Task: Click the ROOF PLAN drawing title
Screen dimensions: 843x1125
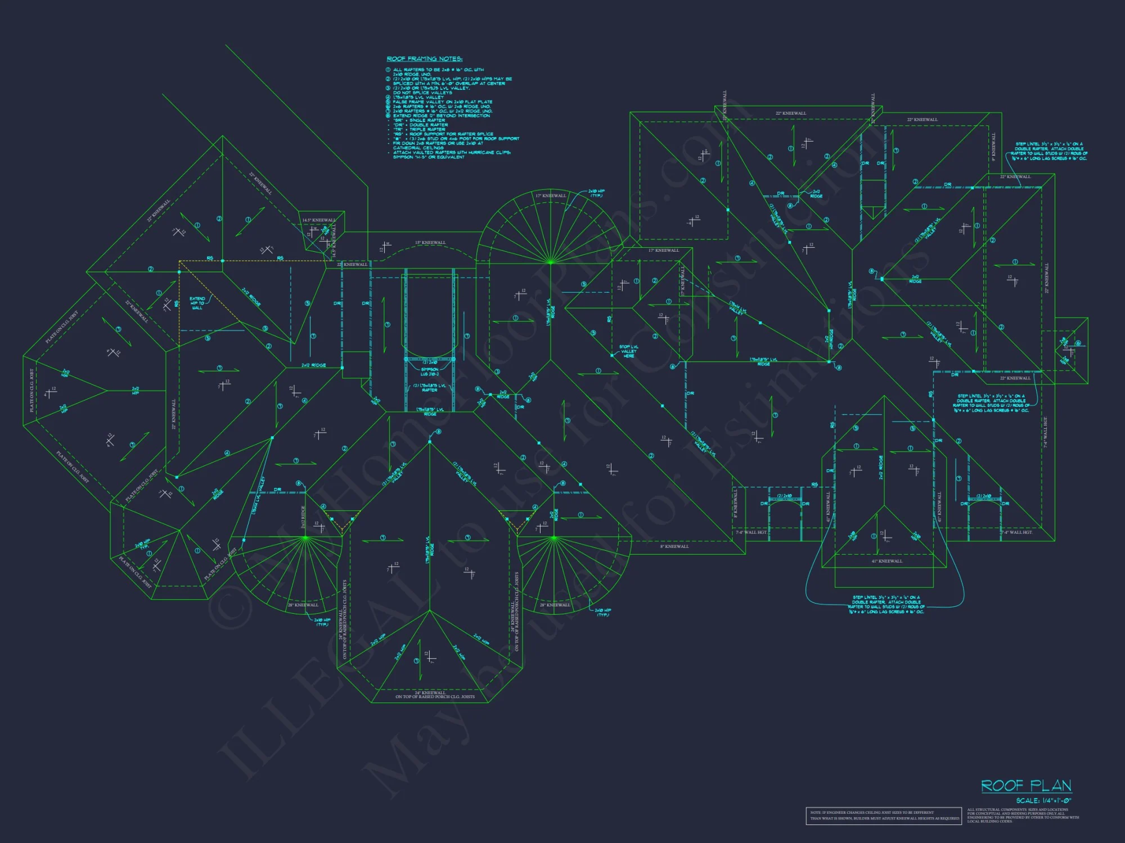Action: click(x=1026, y=785)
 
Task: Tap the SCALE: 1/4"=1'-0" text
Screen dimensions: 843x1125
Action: click(x=1043, y=800)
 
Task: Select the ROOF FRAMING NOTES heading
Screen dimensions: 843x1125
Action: click(x=425, y=58)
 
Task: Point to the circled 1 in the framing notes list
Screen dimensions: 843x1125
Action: click(x=388, y=70)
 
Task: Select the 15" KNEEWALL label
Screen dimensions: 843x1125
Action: click(x=430, y=243)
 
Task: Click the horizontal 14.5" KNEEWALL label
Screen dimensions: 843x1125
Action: click(x=318, y=220)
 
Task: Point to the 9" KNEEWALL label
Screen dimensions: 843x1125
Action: click(x=994, y=147)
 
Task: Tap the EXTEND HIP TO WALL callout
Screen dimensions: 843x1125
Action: click(x=197, y=303)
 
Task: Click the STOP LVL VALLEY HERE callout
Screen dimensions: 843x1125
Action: click(x=628, y=351)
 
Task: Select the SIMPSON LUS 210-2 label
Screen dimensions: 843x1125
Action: click(x=429, y=371)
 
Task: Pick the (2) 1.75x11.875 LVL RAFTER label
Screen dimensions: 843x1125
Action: click(x=429, y=387)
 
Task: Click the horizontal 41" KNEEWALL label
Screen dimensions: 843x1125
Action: click(x=886, y=561)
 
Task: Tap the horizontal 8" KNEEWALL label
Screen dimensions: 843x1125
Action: click(x=674, y=546)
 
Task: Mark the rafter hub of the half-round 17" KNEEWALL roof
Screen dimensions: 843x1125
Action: click(x=551, y=262)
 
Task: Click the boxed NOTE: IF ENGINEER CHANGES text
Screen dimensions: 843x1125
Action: click(x=884, y=815)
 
